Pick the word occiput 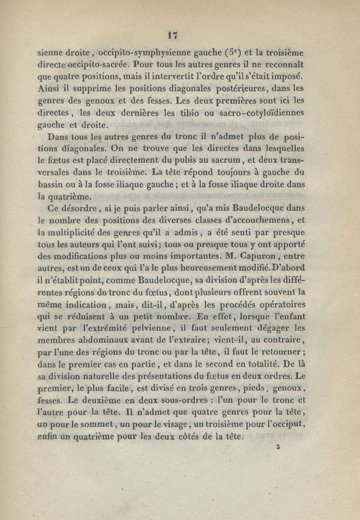[x=291, y=424]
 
